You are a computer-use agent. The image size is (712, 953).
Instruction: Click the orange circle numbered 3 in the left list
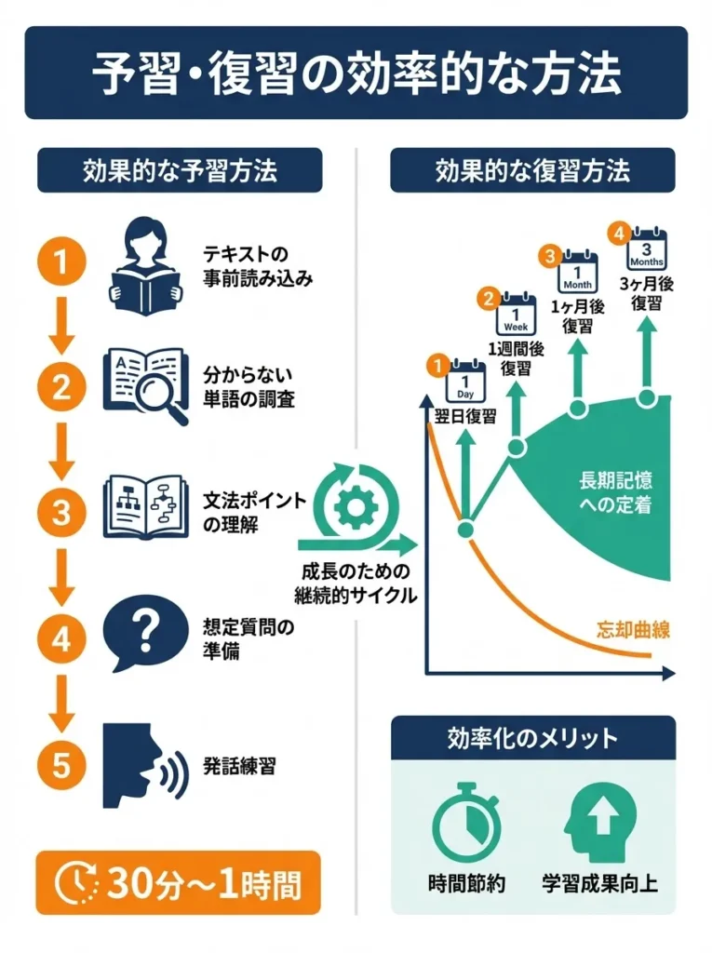[x=61, y=512]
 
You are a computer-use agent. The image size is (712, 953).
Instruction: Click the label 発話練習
[x=238, y=767]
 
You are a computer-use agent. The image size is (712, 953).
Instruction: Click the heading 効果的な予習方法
[x=179, y=170]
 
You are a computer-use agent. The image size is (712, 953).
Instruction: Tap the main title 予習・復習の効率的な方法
[x=356, y=73]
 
